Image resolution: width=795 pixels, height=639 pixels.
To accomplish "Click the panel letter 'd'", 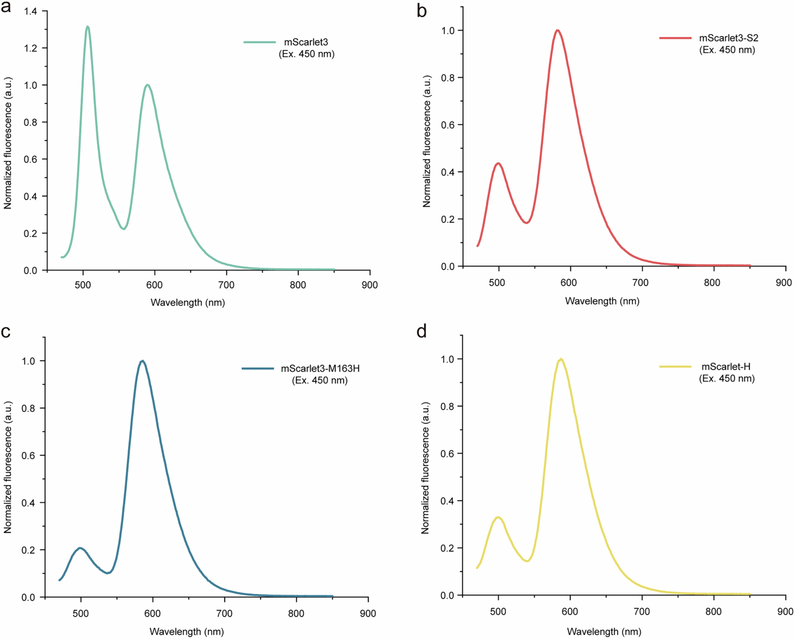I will point(421,332).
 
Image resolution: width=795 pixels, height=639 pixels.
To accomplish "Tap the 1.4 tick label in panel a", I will point(31,11).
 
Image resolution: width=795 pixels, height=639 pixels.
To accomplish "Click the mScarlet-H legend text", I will point(726,367).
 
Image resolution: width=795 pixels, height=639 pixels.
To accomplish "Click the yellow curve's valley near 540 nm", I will point(527,561).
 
